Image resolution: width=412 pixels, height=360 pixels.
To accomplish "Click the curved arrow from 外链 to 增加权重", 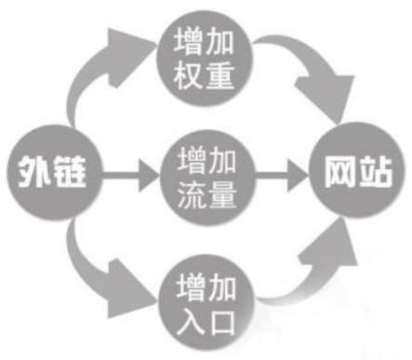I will click(x=88, y=74).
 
